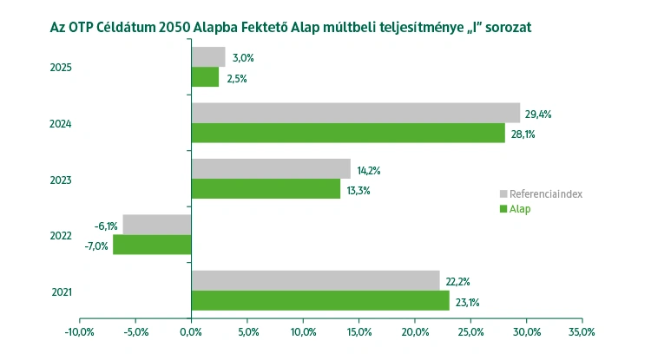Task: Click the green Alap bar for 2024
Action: point(347,133)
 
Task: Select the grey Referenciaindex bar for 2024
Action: point(355,113)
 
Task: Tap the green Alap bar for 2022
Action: point(152,245)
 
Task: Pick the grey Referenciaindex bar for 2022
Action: point(157,225)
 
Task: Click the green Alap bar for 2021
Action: point(320,301)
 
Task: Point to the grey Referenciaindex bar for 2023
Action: point(271,168)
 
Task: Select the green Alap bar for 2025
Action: point(205,77)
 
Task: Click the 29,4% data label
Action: point(538,114)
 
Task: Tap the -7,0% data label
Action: point(95,245)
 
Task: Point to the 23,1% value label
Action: point(467,303)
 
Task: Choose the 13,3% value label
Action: point(357,190)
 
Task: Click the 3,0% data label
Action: point(242,58)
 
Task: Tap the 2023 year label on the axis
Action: point(61,180)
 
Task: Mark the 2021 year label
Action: point(61,291)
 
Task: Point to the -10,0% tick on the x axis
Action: point(79,331)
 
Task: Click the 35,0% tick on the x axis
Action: point(582,331)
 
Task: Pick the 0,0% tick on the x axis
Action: point(191,331)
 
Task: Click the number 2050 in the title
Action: point(182,27)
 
